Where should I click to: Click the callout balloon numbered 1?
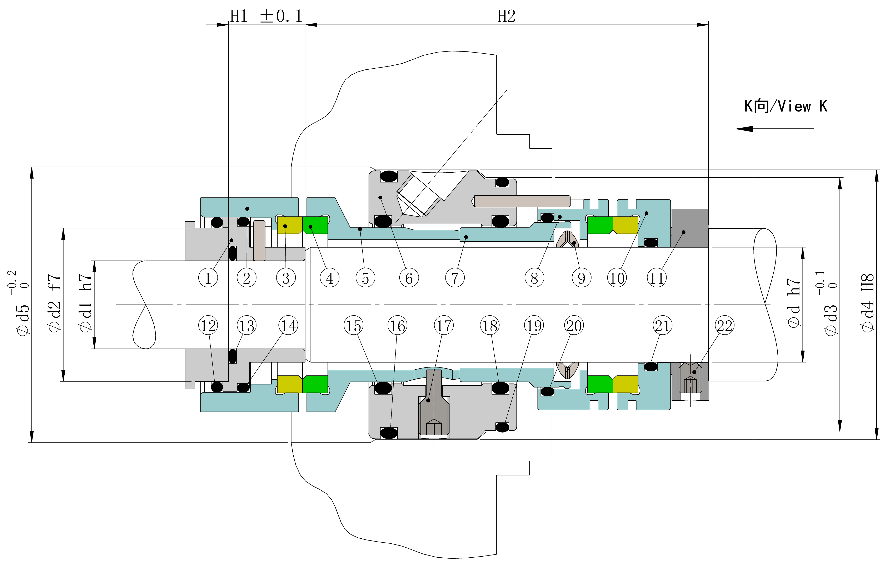pyautogui.click(x=208, y=278)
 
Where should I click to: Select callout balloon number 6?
pyautogui.click(x=409, y=278)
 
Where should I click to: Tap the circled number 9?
pyautogui.click(x=581, y=278)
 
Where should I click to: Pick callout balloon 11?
pyautogui.click(x=657, y=278)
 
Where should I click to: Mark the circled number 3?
pyautogui.click(x=286, y=278)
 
